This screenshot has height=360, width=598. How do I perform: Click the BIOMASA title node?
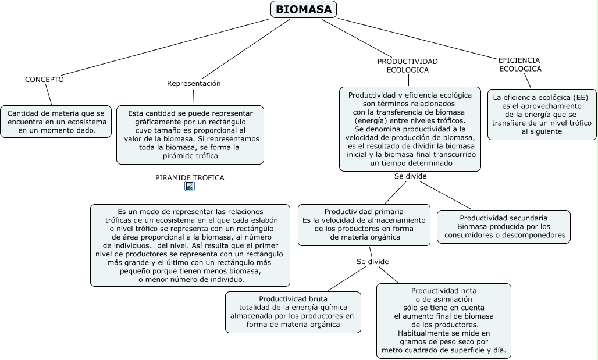[304, 9]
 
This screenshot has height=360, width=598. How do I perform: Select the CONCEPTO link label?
[44, 79]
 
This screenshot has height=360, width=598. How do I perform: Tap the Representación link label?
[194, 83]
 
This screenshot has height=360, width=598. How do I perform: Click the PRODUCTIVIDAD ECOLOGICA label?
[407, 65]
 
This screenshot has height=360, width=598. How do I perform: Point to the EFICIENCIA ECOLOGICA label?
[519, 64]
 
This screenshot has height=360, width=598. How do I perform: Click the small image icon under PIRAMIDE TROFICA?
[190, 187]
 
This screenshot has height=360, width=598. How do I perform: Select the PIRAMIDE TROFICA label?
[190, 177]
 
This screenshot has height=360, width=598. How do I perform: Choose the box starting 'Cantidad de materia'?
[56, 122]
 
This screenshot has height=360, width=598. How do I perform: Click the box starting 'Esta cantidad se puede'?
[190, 134]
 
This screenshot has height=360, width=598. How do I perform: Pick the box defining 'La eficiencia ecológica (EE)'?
[542, 114]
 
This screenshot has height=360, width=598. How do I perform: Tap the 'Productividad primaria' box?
[364, 224]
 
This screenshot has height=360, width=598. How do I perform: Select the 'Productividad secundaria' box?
[504, 226]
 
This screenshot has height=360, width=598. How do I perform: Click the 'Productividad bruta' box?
[293, 312]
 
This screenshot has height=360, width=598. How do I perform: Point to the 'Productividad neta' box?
[443, 320]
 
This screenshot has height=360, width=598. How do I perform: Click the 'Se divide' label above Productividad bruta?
[372, 262]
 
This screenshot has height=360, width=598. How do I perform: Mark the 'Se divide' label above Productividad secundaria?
[410, 176]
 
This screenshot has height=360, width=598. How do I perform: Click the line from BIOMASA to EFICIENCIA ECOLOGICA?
[419, 38]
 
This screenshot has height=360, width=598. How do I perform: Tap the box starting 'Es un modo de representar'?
[190, 245]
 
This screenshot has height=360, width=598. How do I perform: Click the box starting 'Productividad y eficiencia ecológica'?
[410, 129]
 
